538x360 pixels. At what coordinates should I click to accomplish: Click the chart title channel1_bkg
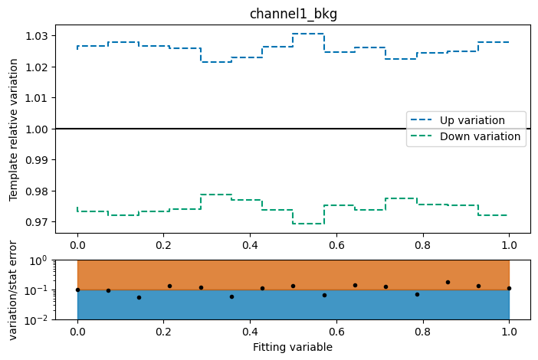click(293, 14)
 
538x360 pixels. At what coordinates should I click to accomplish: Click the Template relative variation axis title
click(14, 129)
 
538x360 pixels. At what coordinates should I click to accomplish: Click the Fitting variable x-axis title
click(293, 347)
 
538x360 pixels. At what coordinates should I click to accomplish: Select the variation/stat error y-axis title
click(14, 290)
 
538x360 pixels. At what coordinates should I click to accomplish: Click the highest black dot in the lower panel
click(448, 282)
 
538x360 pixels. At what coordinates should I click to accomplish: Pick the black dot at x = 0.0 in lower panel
click(77, 290)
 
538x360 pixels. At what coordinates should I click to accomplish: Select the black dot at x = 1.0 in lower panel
click(509, 288)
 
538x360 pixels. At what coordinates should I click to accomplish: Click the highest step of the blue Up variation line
click(308, 34)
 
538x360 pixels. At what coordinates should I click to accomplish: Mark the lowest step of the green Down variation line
click(308, 224)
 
